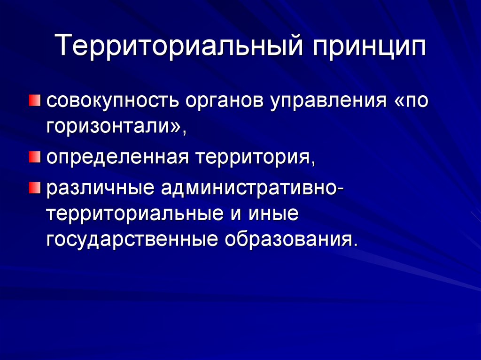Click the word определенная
(117, 158)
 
